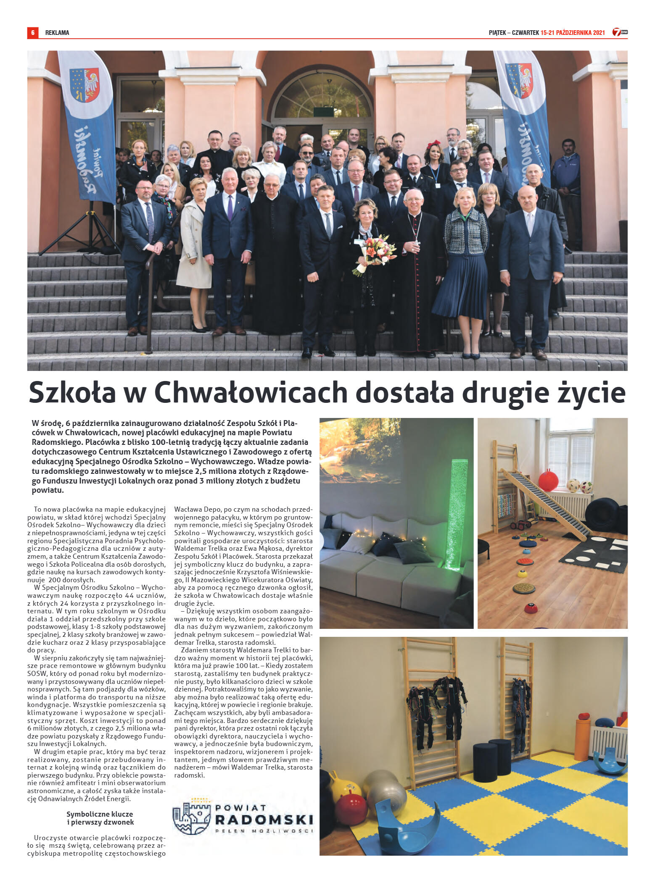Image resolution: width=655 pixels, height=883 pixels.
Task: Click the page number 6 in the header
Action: click(x=32, y=33)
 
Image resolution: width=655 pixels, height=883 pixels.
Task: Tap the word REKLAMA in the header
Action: click(x=57, y=33)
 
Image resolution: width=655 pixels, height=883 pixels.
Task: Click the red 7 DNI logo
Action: click(x=619, y=32)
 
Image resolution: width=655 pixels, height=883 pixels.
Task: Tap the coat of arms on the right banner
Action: click(x=519, y=80)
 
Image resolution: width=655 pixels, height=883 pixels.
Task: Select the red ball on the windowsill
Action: click(x=548, y=480)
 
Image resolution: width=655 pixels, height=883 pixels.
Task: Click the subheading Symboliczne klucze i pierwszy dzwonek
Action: click(x=100, y=818)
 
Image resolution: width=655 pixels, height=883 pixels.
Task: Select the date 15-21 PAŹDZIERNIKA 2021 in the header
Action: click(x=572, y=33)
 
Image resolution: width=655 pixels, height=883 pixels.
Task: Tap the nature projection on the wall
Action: click(x=360, y=450)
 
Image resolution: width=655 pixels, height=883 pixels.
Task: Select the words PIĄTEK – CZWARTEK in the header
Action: click(x=513, y=33)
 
